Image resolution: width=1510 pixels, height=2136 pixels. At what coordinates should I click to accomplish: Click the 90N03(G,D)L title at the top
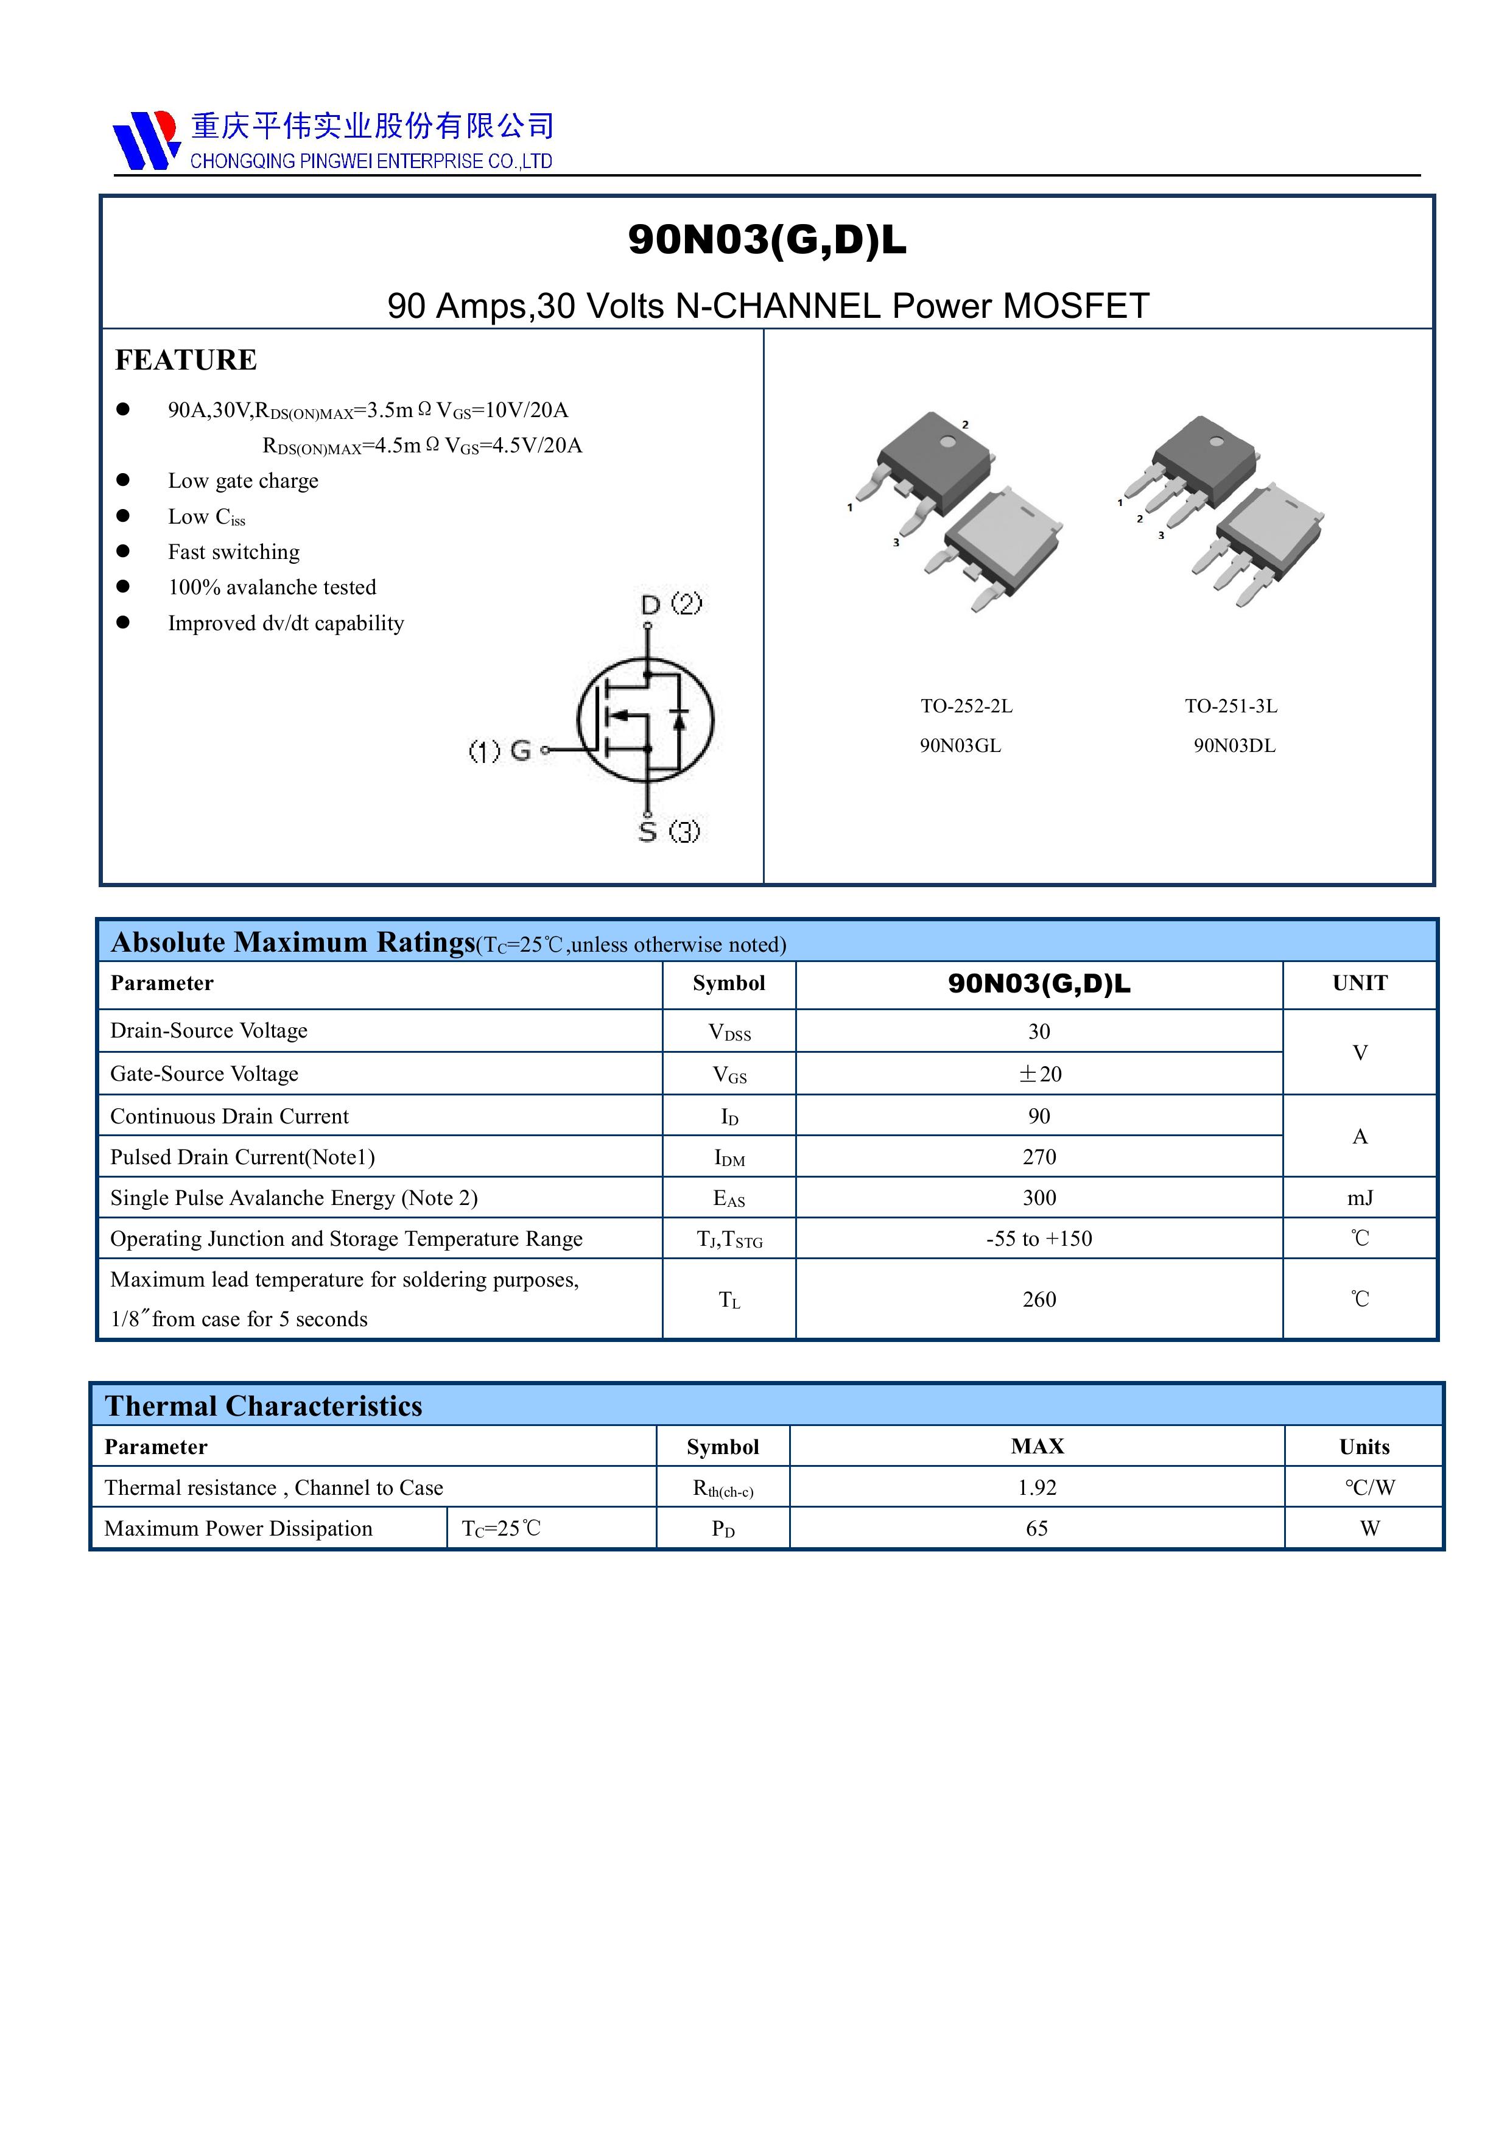click(x=767, y=240)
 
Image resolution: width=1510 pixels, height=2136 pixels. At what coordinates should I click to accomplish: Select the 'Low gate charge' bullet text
click(x=243, y=481)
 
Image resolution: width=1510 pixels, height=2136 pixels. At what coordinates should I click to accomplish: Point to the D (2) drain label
click(x=671, y=604)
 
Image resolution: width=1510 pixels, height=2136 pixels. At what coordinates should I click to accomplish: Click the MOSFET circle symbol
click(x=645, y=718)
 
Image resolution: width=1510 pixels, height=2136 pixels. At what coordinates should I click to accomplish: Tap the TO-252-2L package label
click(x=966, y=706)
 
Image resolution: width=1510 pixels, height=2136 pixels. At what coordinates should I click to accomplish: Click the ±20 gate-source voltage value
click(x=1039, y=1073)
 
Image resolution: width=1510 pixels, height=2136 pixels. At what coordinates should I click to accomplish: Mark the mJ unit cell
click(x=1359, y=1198)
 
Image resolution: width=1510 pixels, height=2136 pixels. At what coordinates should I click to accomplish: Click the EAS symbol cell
click(x=728, y=1199)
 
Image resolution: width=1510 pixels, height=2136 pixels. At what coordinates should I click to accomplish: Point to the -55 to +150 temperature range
click(x=1039, y=1239)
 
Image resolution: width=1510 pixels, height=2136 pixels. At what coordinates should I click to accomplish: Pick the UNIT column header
click(x=1359, y=983)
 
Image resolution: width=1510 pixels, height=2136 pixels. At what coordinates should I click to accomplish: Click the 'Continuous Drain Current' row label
click(x=229, y=1116)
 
